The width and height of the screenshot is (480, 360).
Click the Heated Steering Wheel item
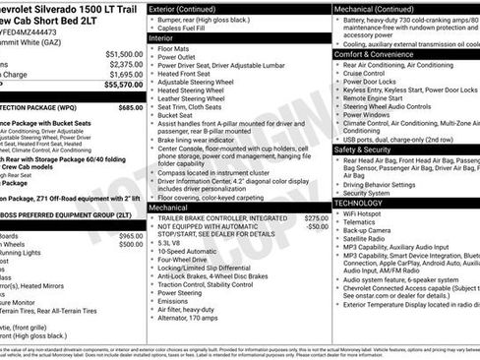pos(194,90)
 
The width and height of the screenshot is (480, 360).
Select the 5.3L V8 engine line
pos(170,241)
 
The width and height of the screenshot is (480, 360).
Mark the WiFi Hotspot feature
pos(364,212)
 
